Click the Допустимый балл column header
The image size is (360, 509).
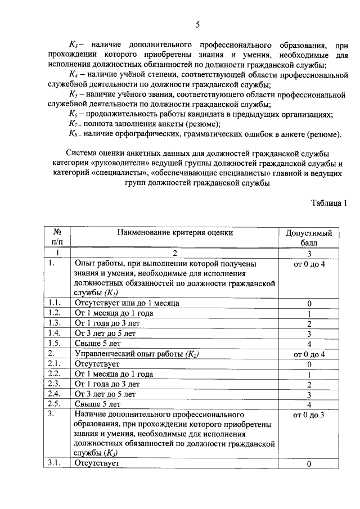point(309,237)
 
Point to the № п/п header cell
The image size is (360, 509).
point(57,237)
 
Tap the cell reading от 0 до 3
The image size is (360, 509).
point(309,415)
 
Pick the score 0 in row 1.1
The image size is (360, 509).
point(309,303)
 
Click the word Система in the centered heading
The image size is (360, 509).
point(83,153)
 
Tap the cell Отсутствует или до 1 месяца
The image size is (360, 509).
point(127,303)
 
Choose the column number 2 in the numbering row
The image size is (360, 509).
point(175,253)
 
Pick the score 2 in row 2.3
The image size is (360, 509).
point(309,384)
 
